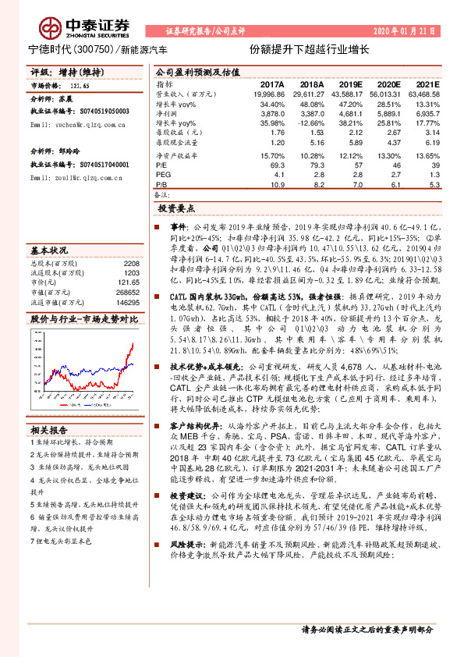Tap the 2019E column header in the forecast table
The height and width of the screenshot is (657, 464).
click(348, 83)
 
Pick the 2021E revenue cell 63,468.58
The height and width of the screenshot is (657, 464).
click(423, 93)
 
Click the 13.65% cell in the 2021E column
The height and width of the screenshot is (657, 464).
click(426, 156)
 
